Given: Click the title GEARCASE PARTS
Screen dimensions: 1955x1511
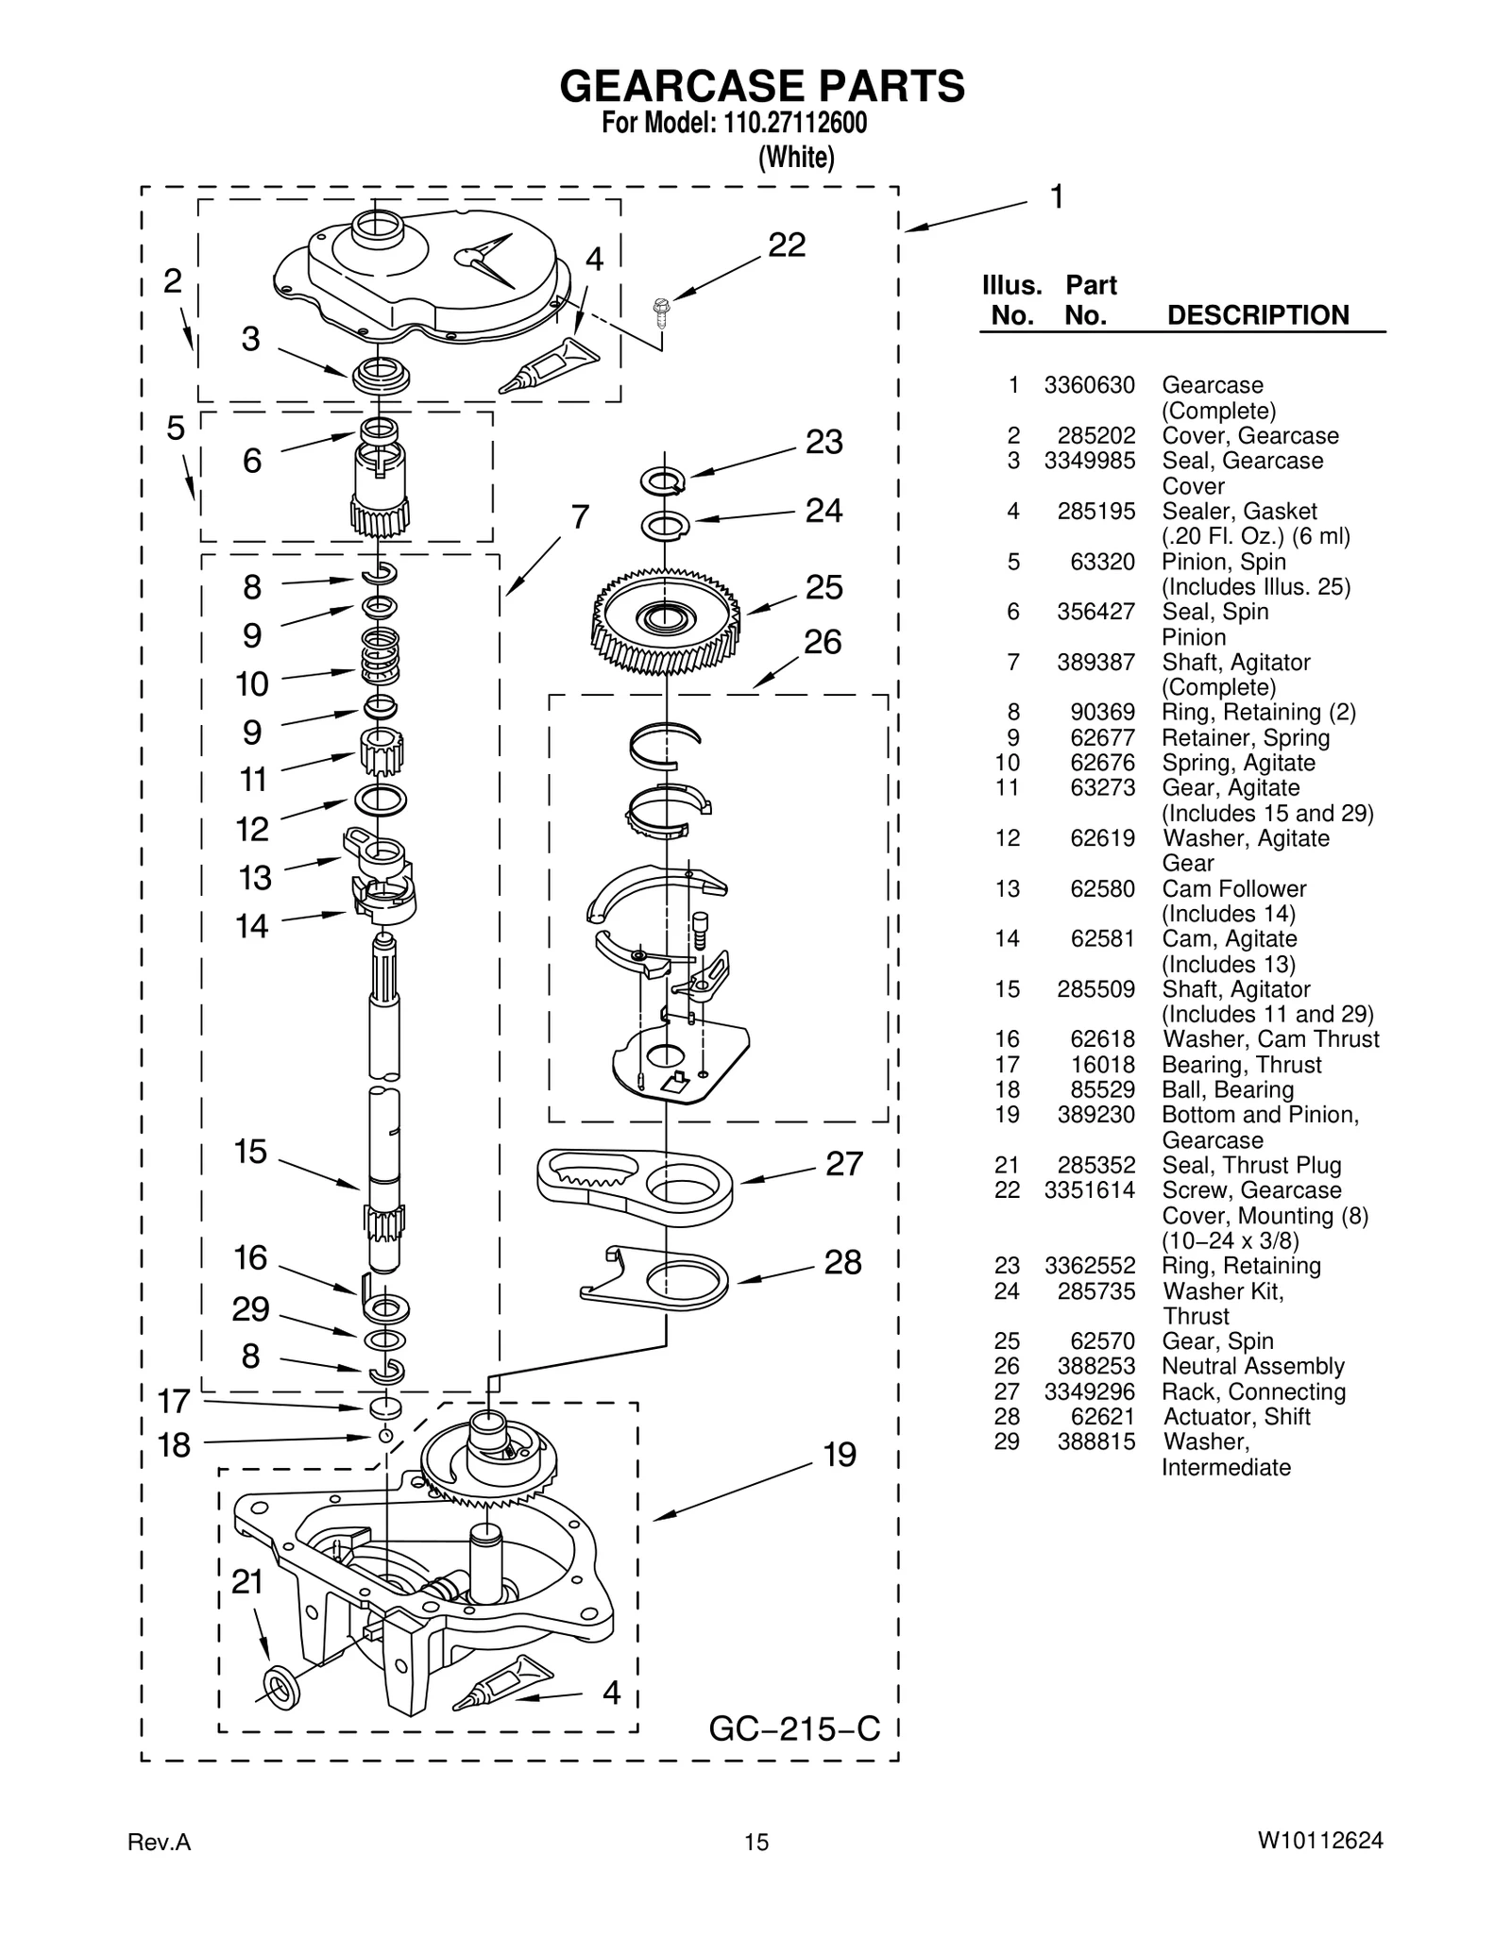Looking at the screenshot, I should (x=762, y=87).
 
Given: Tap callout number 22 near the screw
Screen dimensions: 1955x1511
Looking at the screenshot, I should (x=787, y=245).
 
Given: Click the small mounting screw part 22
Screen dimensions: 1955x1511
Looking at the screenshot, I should (x=661, y=309).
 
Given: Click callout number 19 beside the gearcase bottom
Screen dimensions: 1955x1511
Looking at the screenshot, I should (x=839, y=1455).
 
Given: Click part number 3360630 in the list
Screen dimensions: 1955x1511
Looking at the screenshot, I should (x=1089, y=385).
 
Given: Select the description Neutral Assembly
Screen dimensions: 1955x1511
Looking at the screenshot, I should (x=1252, y=1366).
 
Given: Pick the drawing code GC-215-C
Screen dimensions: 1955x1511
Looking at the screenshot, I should (x=793, y=1728).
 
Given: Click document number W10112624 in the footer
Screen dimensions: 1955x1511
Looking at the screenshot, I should (x=1319, y=1841).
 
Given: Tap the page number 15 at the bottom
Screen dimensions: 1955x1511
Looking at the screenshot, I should (x=755, y=1842).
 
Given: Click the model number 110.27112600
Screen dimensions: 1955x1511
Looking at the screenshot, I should (x=795, y=124).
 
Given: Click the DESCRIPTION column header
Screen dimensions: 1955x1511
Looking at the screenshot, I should (x=1258, y=315).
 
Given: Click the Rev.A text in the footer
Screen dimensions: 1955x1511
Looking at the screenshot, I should (x=159, y=1842).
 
